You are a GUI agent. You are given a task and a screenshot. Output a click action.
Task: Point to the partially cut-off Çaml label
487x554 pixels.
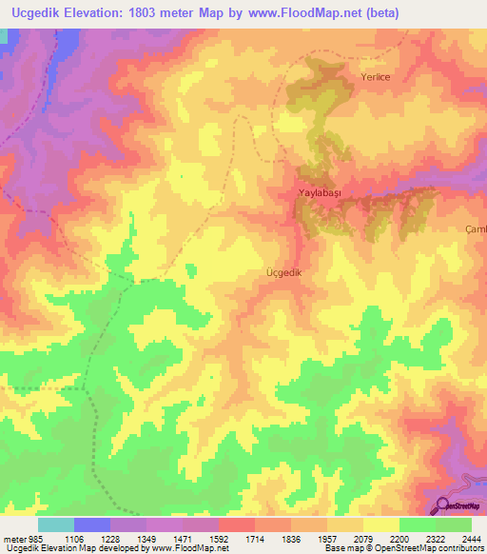pos(476,229)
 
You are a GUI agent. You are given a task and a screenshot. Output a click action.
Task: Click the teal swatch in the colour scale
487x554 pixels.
pos(55,524)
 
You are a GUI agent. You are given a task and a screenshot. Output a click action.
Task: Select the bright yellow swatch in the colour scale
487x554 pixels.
pos(380,524)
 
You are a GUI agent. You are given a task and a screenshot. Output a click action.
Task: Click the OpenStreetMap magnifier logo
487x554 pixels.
pos(442,505)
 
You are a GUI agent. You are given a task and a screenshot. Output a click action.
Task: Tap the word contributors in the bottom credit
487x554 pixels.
pos(458,547)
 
